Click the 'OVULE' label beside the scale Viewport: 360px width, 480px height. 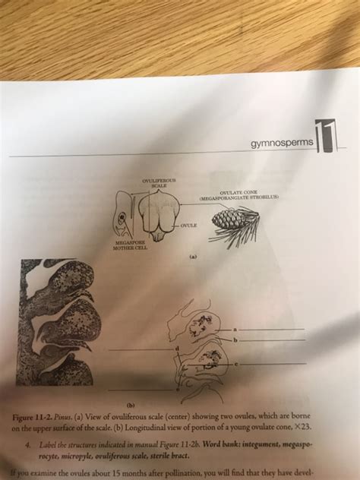click(x=191, y=226)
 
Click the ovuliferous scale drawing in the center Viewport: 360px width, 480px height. click(x=159, y=214)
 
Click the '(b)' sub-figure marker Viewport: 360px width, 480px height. click(x=131, y=405)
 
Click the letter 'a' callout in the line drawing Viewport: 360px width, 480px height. click(x=235, y=328)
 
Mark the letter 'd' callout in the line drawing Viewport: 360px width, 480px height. click(x=178, y=347)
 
